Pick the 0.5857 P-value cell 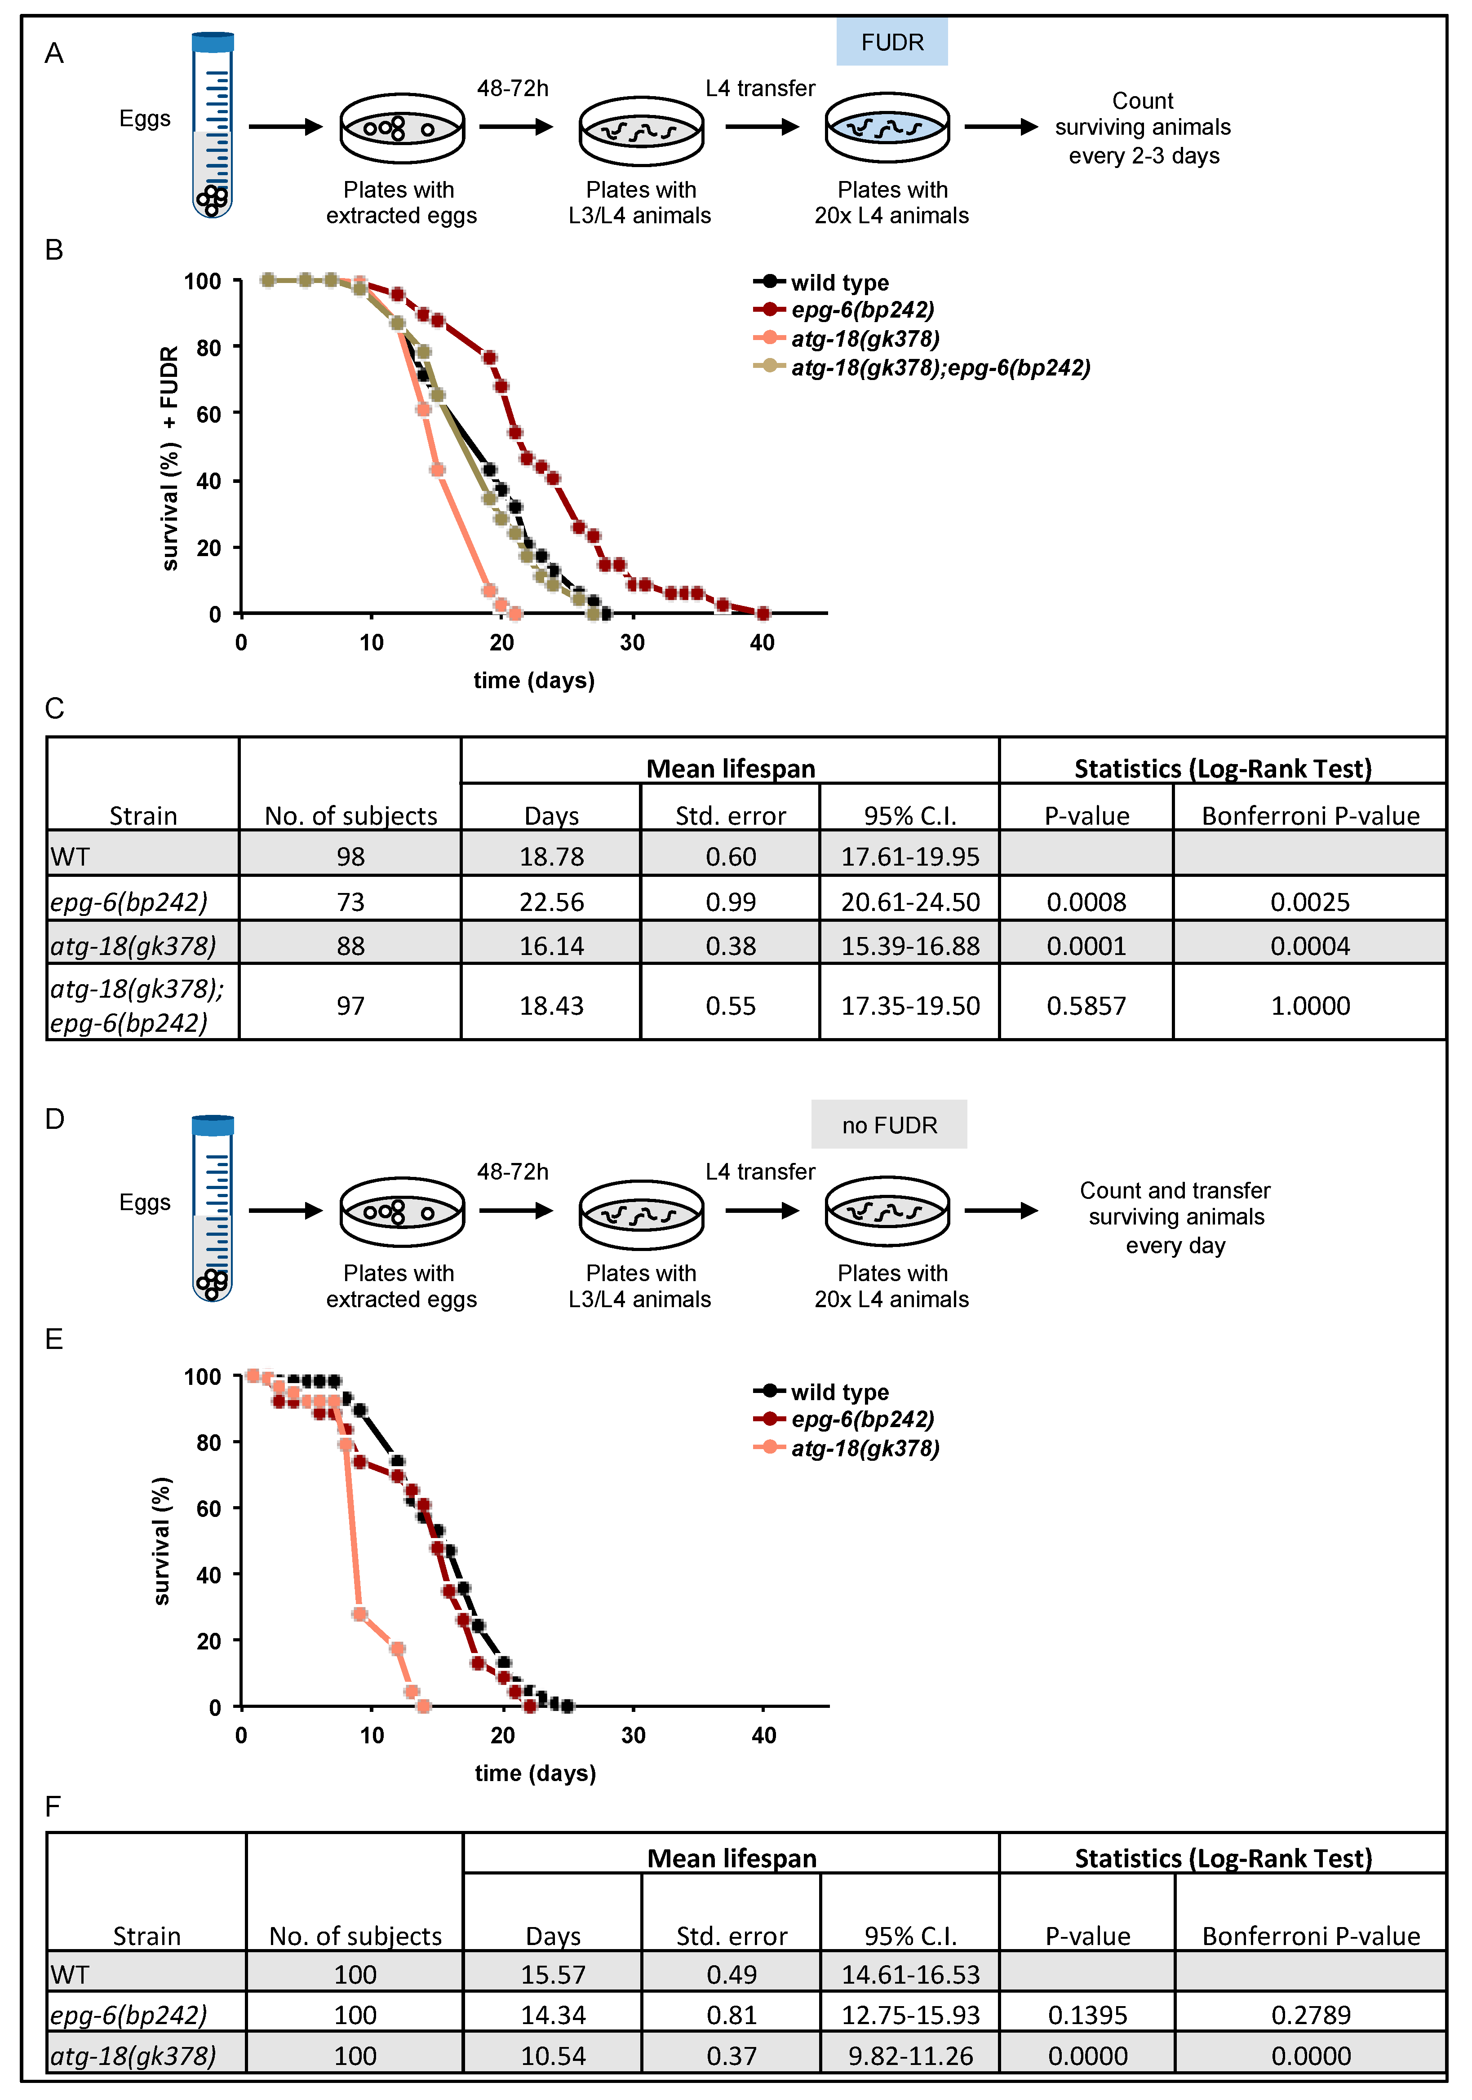click(x=1086, y=1005)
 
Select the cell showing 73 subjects click(x=350, y=902)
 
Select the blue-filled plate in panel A click(x=887, y=128)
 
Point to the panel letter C click(x=55, y=709)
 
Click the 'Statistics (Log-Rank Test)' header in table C click(x=1222, y=768)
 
